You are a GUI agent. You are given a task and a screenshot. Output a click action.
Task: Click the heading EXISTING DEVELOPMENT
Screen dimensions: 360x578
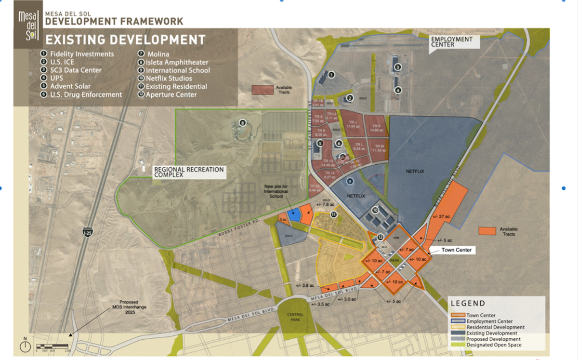[125, 40]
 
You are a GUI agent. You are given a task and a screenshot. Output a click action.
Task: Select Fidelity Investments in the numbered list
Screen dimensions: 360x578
[82, 54]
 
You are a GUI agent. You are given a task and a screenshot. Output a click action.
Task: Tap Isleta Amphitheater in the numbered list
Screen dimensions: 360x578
[177, 62]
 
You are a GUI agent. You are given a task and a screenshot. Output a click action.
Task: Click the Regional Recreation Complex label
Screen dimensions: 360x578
[188, 172]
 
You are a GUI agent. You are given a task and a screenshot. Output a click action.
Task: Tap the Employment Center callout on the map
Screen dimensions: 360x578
[452, 41]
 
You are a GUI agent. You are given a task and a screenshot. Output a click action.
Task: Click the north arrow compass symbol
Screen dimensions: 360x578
[26, 346]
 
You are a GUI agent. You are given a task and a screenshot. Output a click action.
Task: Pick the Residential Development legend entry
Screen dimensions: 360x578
[495, 327]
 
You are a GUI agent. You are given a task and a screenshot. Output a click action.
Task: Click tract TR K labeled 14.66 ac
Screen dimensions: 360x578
[376, 128]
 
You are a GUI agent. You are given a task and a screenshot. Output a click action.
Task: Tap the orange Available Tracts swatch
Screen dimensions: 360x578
[487, 231]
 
